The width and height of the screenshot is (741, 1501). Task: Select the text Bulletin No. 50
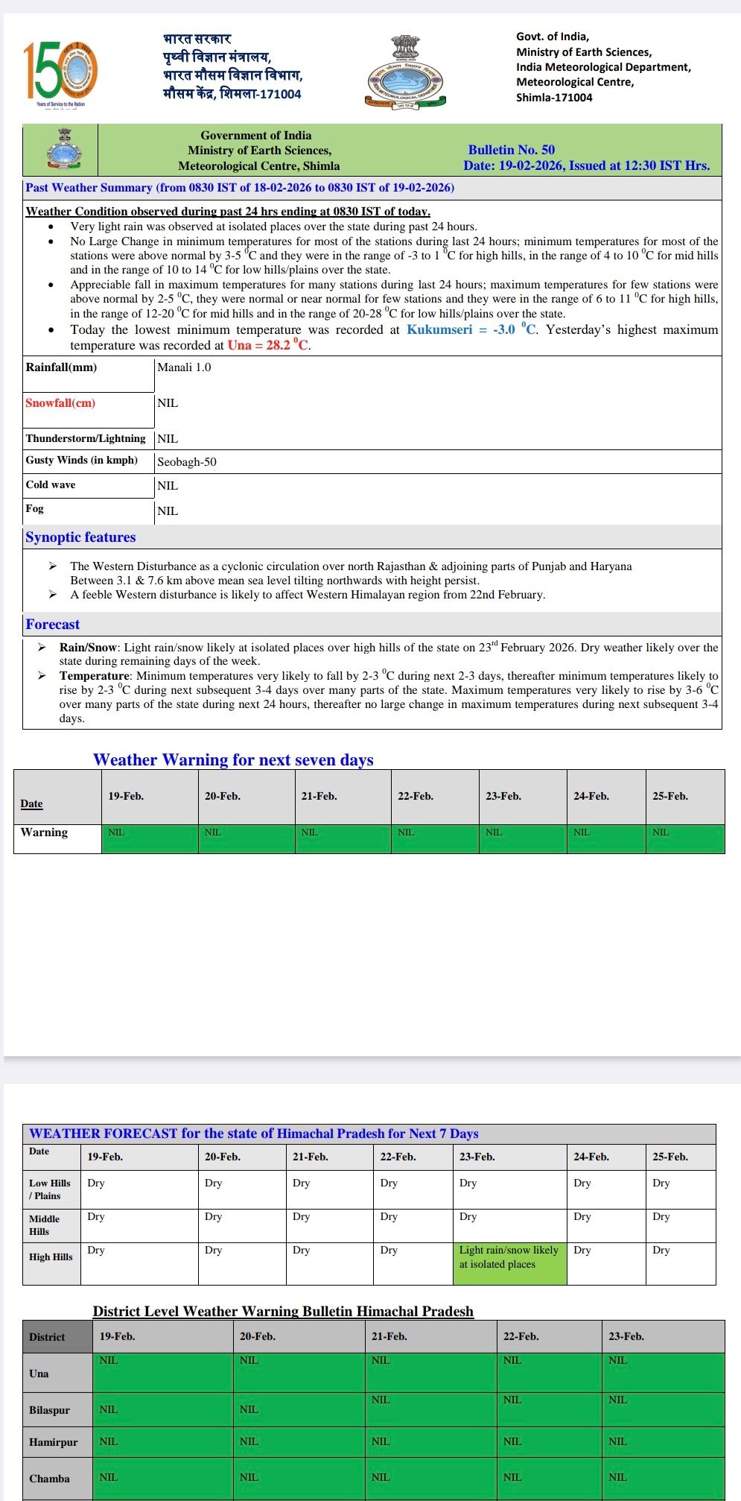(511, 150)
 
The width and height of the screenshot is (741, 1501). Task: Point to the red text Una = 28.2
(268, 345)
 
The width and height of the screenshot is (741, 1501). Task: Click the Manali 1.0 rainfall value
(184, 367)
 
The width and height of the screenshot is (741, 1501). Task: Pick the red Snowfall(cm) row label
(60, 403)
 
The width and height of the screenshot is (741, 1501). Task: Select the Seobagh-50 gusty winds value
(187, 462)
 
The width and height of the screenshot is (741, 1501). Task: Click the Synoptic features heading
(80, 537)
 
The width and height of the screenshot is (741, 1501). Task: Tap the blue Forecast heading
(52, 625)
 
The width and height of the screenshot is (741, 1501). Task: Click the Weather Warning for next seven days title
(233, 760)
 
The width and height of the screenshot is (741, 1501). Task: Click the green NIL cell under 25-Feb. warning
(684, 838)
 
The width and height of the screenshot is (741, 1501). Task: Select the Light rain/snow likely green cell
(509, 1257)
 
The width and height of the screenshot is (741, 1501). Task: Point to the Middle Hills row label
(44, 1224)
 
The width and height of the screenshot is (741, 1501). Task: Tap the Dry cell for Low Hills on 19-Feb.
(96, 1183)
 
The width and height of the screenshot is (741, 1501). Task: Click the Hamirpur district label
(53, 1442)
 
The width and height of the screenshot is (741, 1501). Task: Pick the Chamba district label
(49, 1479)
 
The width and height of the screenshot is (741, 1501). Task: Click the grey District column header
(47, 1337)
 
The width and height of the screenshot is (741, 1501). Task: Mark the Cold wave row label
(51, 485)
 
